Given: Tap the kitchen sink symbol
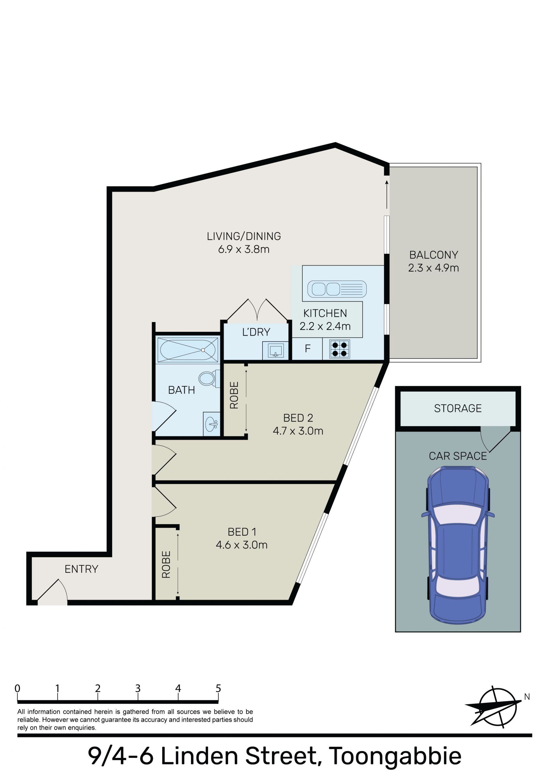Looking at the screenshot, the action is point(337,289).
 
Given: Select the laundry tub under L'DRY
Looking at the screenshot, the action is point(276,351).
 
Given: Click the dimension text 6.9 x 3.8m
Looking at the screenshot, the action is point(244,249).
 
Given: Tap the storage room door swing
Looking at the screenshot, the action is point(495,439).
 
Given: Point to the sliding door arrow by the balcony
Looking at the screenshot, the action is point(387,194).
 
